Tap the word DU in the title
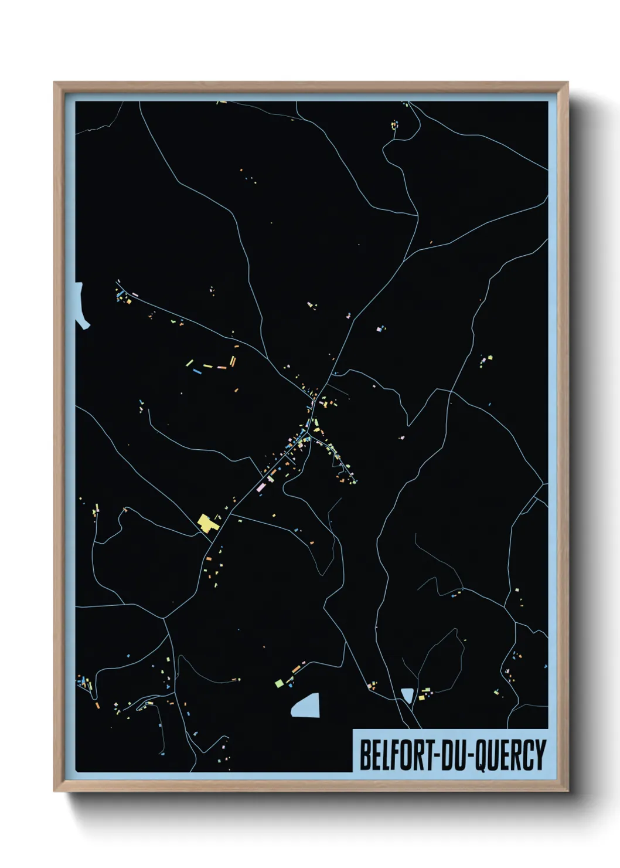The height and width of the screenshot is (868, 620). (x=452, y=755)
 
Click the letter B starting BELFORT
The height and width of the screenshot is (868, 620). (x=364, y=755)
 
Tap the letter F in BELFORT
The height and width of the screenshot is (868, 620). (x=389, y=755)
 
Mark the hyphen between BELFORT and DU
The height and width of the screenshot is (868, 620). (x=435, y=757)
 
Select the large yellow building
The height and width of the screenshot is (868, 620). (x=206, y=522)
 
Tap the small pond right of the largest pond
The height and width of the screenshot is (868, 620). (x=407, y=696)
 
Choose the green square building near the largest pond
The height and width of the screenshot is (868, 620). (x=280, y=683)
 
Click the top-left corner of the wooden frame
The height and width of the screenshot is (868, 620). (x=54, y=83)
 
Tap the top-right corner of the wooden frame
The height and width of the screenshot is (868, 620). (x=567, y=83)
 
